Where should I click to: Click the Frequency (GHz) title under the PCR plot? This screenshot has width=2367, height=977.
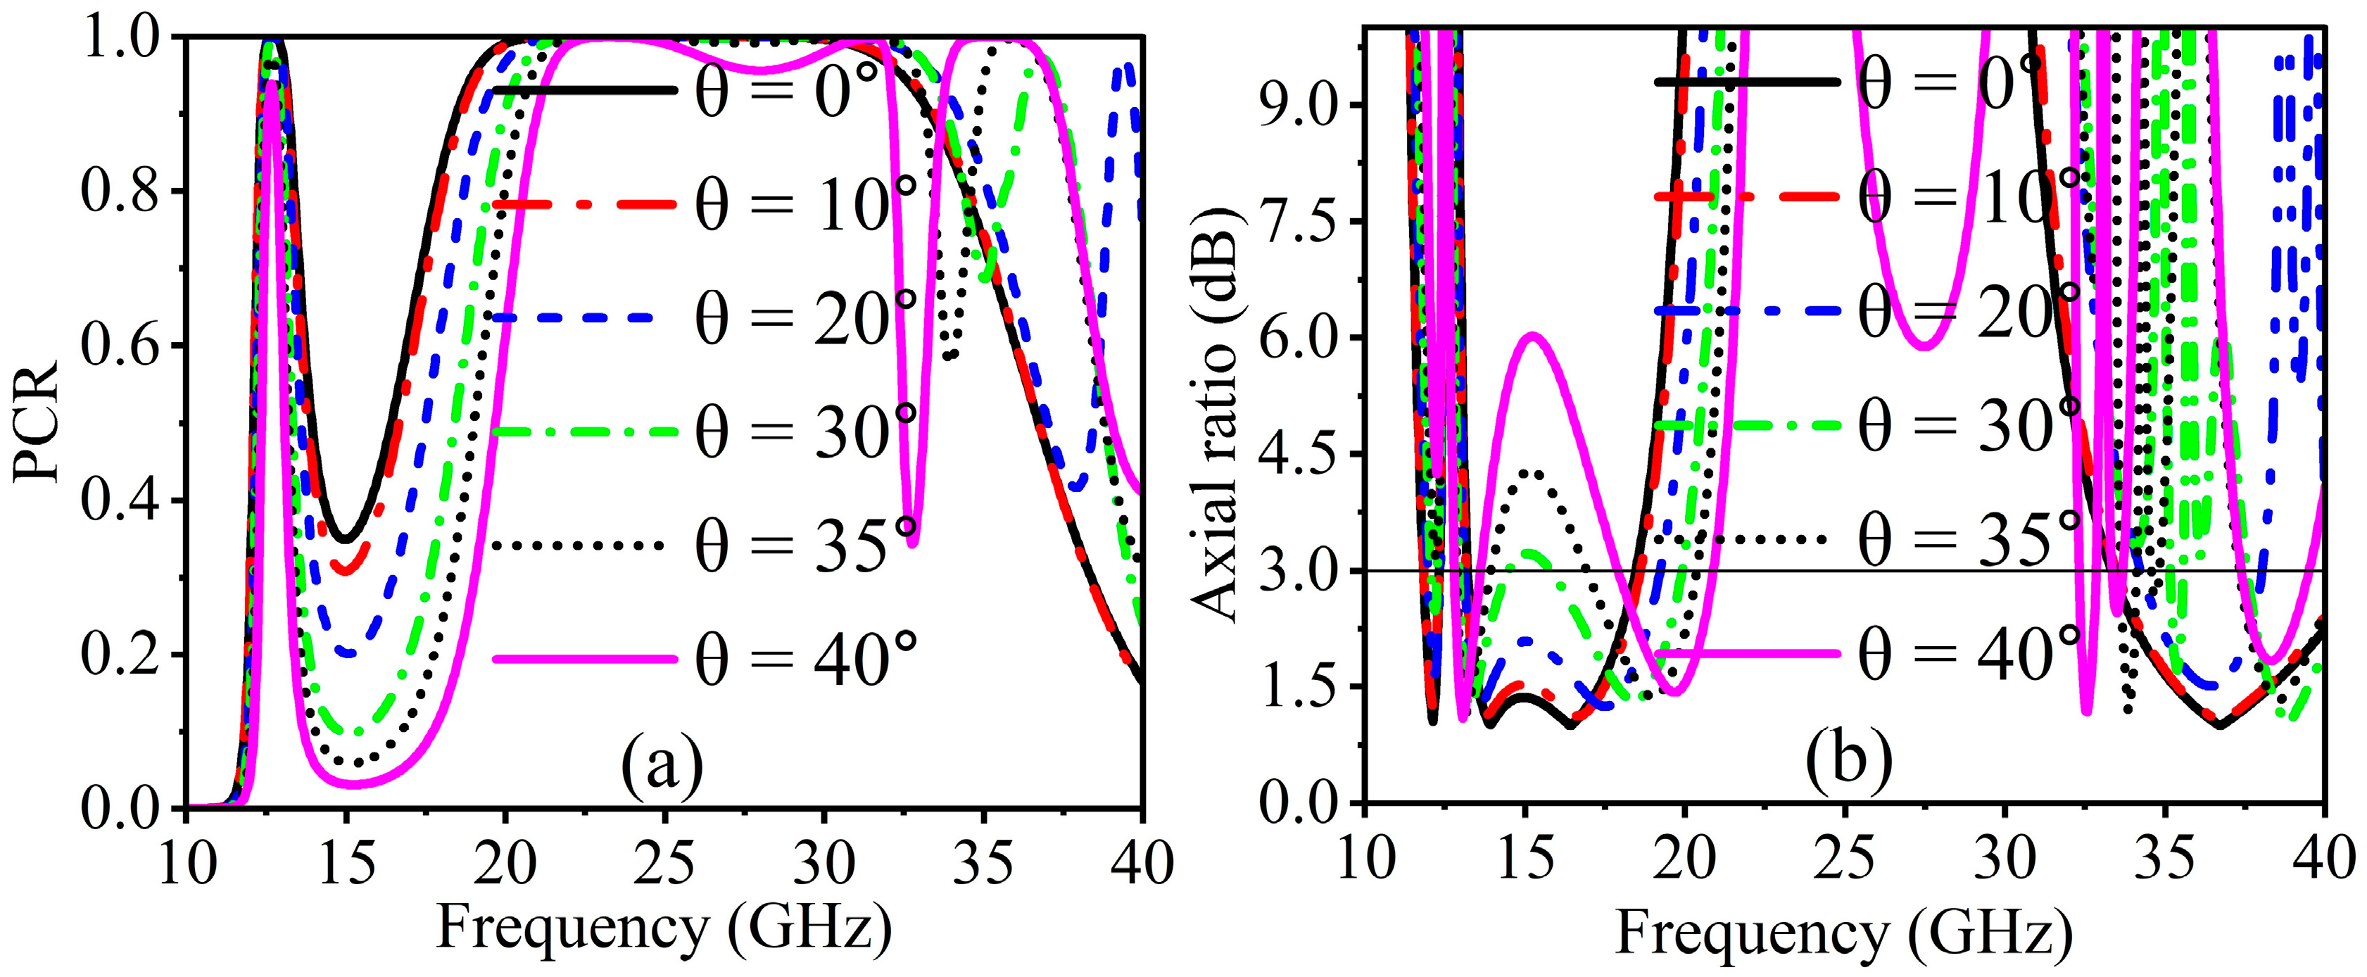click(x=664, y=928)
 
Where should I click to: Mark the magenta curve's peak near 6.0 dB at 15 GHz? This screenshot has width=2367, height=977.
click(x=1530, y=336)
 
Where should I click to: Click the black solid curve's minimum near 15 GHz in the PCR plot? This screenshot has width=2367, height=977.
click(x=346, y=539)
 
